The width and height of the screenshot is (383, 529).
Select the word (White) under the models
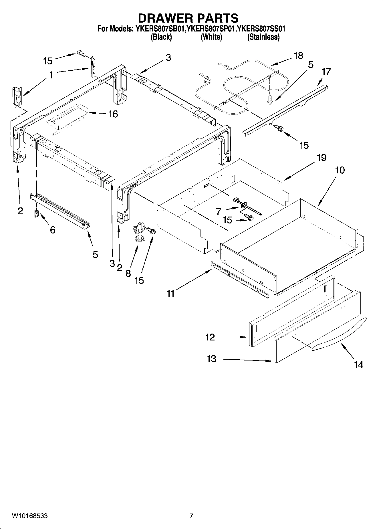[x=211, y=37]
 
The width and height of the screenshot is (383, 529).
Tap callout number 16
[x=113, y=114]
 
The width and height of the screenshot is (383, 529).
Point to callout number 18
[x=298, y=56]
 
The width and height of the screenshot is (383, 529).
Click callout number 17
[x=326, y=71]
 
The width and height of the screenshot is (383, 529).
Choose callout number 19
[x=322, y=158]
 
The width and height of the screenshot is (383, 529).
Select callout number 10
[x=340, y=170]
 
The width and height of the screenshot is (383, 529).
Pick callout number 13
[x=211, y=359]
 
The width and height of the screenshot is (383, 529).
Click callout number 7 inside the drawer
[x=219, y=211]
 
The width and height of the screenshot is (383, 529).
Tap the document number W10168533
[x=29, y=516]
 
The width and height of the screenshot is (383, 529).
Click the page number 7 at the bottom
[x=191, y=516]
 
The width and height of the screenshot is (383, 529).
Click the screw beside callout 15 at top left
[x=81, y=53]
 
